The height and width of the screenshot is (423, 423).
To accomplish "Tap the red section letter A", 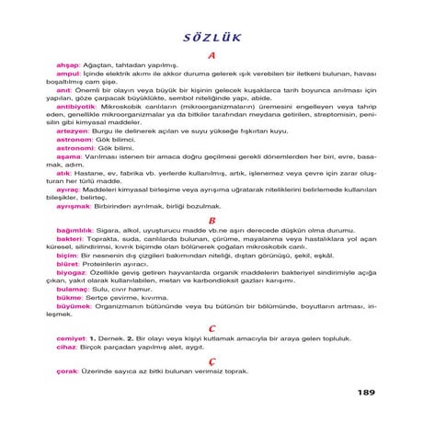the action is [x=211, y=55].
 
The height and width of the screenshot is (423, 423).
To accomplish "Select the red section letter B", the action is [x=211, y=221].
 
